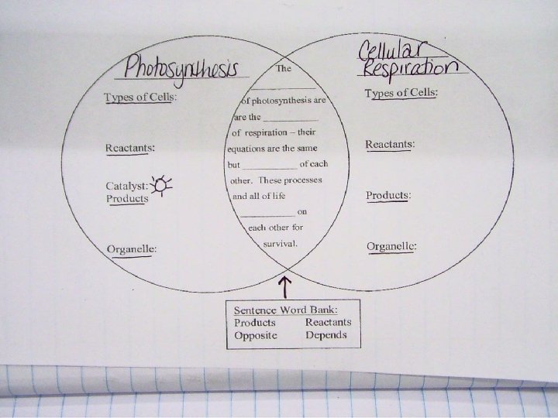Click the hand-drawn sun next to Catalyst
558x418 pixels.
click(162, 184)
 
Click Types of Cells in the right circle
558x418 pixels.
click(401, 94)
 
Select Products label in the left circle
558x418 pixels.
click(127, 198)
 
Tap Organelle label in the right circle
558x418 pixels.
click(391, 246)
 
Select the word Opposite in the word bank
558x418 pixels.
click(256, 335)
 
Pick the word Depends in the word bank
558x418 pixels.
click(326, 335)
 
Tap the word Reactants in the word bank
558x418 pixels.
click(329, 322)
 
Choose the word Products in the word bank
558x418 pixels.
click(255, 322)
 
